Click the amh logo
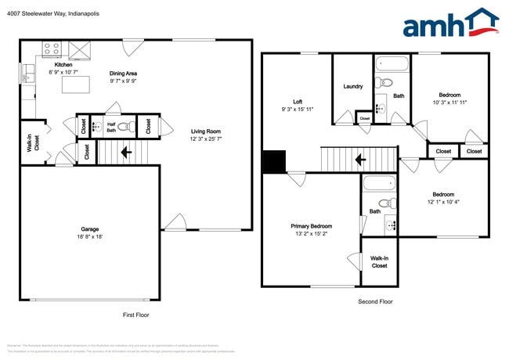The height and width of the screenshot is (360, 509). [x=450, y=23]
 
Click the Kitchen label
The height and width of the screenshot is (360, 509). [x=63, y=65]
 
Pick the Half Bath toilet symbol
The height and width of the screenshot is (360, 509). [x=122, y=125]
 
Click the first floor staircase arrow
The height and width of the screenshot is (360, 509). [x=125, y=153]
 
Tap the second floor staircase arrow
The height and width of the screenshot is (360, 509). [x=361, y=160]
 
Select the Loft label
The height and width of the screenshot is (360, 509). [x=298, y=102]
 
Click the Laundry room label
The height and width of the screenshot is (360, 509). [x=353, y=86]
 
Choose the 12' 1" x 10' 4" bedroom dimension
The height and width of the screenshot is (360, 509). [x=442, y=202]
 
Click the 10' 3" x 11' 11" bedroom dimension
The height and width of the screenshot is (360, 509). [x=449, y=103]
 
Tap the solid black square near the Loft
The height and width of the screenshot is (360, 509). [x=274, y=161]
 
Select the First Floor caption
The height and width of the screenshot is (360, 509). [x=135, y=315]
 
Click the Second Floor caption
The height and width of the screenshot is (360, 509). [x=375, y=301]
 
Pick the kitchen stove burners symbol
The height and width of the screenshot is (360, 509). [x=51, y=49]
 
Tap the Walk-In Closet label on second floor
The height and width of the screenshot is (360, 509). [x=379, y=261]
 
